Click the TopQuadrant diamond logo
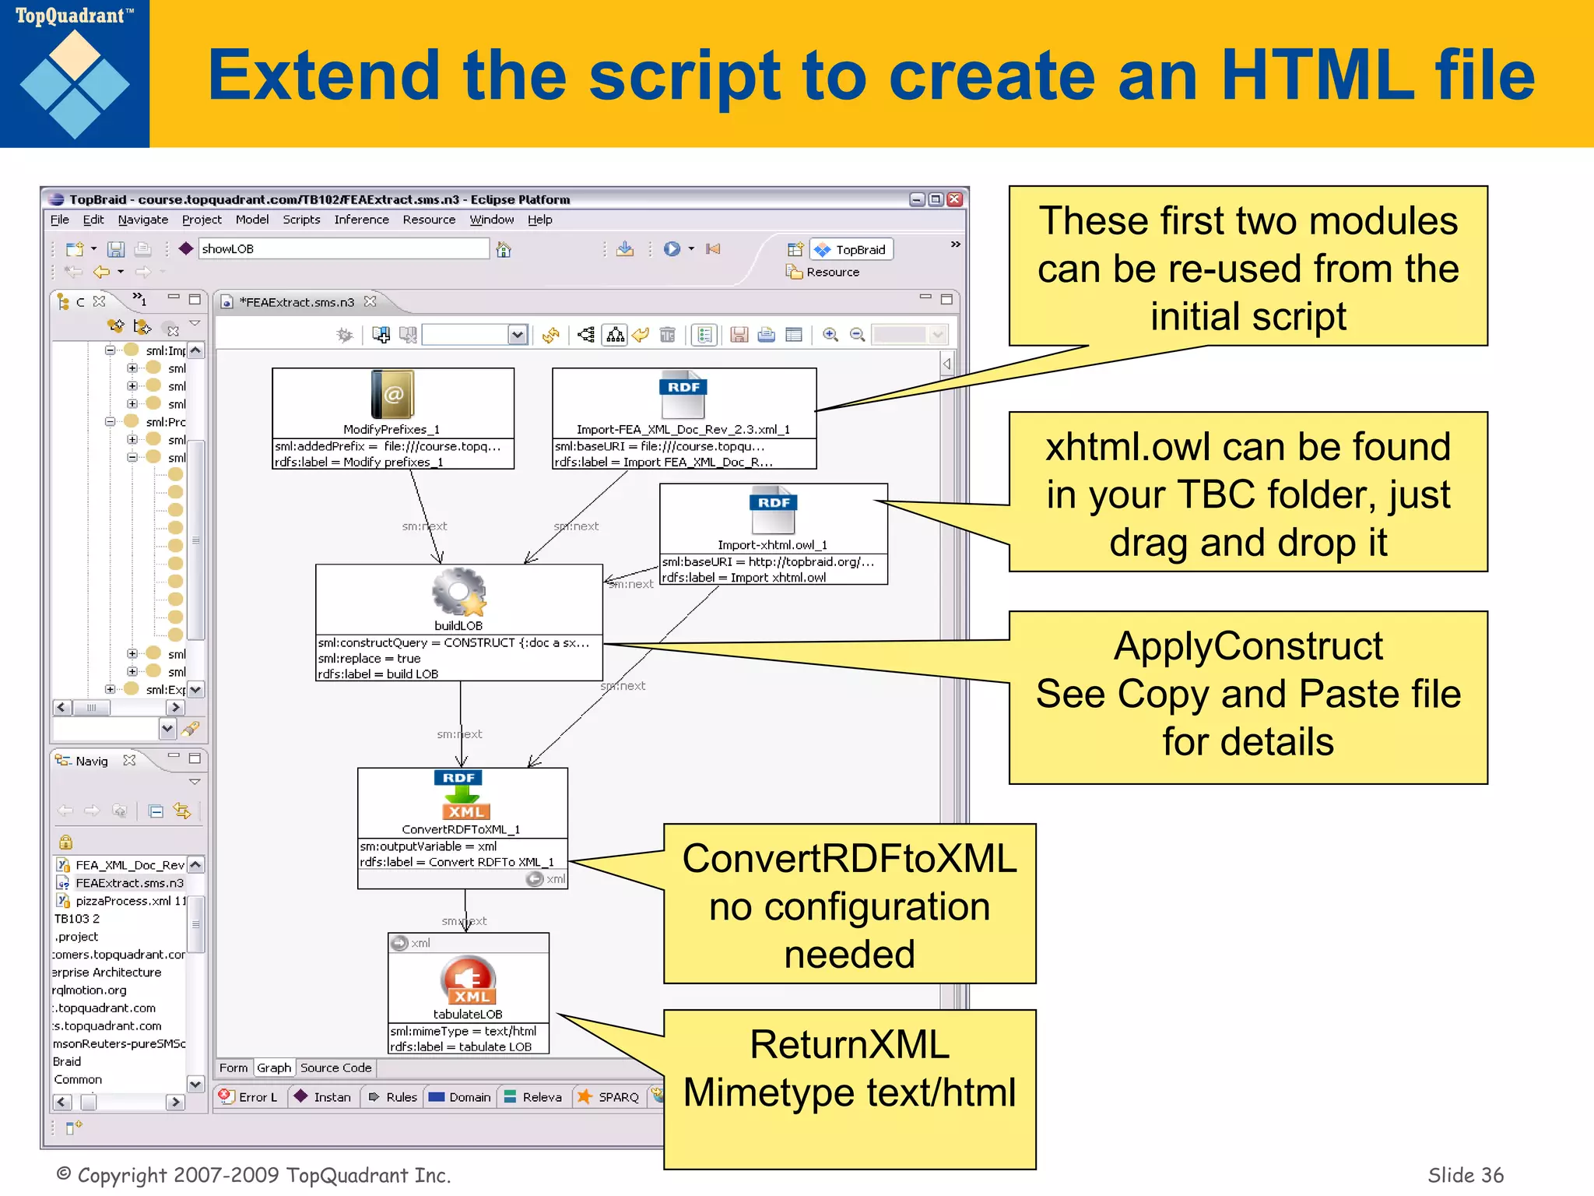[x=75, y=84]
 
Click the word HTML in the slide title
[x=1316, y=76]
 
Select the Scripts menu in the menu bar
[x=301, y=220]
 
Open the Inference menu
[x=361, y=220]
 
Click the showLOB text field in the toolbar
[x=342, y=248]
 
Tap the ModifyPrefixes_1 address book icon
[x=393, y=395]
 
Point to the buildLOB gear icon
[x=458, y=593]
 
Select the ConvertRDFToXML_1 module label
[x=461, y=829]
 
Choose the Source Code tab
[x=335, y=1068]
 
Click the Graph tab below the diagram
[x=274, y=1068]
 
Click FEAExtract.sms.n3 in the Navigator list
[x=129, y=883]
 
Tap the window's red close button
[x=955, y=199]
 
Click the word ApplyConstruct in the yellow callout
[x=1248, y=646]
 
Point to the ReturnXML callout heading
[x=849, y=1045]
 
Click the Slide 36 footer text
[x=1465, y=1174]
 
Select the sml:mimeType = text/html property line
[x=464, y=1031]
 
